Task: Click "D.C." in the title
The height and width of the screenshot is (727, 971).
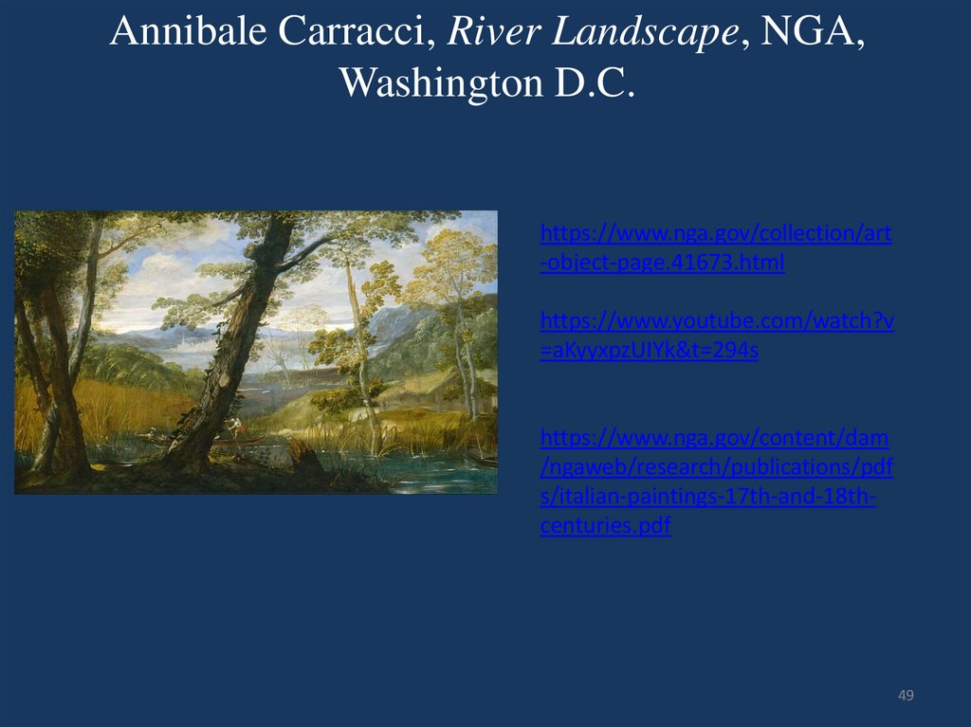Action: [x=589, y=83]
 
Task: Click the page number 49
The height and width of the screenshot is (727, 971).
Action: [x=906, y=697]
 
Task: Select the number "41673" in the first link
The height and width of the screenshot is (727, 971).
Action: [x=703, y=263]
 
